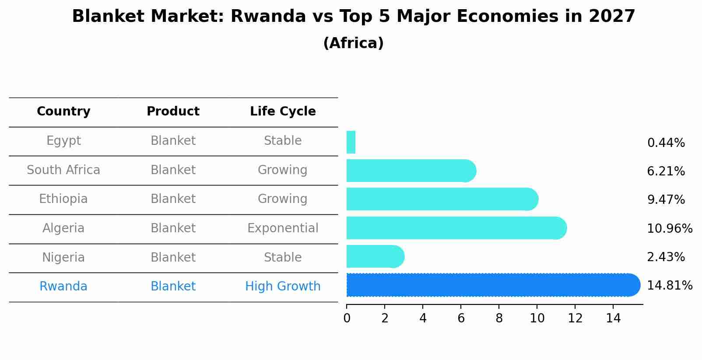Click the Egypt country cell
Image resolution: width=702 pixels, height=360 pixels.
63,141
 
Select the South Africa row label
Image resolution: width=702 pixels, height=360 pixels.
63,170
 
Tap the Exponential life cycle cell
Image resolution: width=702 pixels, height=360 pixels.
283,228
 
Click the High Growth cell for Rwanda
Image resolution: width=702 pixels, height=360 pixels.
283,287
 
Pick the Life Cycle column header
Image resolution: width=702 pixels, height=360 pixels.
283,112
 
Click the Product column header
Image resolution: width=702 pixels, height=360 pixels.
173,112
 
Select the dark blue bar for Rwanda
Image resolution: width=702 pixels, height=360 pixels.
490,285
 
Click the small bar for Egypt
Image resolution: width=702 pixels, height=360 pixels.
351,142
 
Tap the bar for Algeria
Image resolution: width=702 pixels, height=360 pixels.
455,228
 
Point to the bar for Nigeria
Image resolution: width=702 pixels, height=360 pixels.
374,256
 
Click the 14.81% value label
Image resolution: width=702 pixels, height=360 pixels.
670,286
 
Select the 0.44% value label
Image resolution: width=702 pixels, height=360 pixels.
666,143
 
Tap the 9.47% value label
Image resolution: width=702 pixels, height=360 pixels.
666,200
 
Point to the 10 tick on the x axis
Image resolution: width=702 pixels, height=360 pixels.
537,318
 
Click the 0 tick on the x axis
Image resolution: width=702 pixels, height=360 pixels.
347,318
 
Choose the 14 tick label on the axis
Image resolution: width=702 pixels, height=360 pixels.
613,318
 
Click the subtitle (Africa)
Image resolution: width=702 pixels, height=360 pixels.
353,43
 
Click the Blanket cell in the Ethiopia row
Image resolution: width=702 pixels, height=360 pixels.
173,199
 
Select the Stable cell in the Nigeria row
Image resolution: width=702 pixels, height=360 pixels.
283,258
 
